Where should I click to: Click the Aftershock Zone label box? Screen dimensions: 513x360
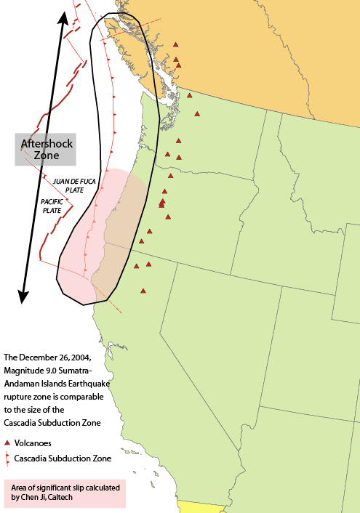(46, 149)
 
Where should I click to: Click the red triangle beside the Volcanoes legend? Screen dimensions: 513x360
(7, 443)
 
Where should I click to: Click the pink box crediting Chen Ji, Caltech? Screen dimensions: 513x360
(64, 492)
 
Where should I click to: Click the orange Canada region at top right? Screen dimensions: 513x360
(276, 58)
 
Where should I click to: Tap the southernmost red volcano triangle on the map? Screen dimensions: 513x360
(143, 291)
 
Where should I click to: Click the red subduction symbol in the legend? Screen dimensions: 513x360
(7, 459)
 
